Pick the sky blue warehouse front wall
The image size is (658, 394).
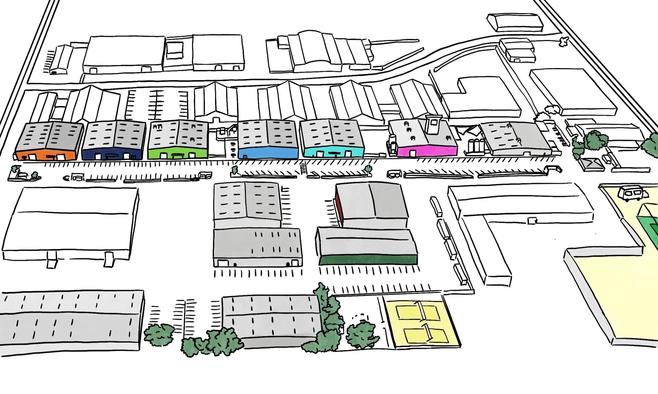pos(268,153)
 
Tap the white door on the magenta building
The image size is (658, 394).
pos(412,153)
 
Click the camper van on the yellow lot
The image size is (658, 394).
pos(632,193)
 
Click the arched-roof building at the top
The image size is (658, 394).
pos(313,50)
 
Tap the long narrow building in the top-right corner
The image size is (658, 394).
pos(514,23)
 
